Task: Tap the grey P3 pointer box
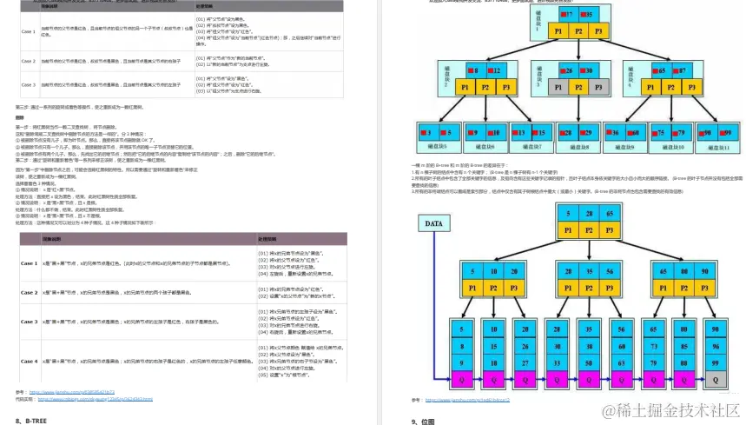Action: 596,88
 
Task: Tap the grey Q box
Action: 715,380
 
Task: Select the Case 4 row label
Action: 30,360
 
